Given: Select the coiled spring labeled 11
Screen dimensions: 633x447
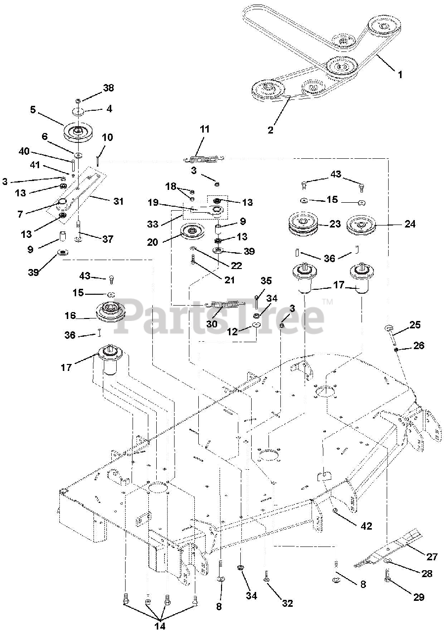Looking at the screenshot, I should point(204,159).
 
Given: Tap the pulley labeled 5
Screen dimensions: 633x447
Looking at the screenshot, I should point(79,131).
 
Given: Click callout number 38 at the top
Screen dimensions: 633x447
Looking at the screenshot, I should point(108,88).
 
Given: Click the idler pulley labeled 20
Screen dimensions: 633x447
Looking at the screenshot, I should point(194,231).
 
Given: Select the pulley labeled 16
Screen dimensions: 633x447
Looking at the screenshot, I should point(112,311).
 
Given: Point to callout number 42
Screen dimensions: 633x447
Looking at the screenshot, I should point(366,526).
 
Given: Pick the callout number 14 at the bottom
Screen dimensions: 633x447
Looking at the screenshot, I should point(159,626).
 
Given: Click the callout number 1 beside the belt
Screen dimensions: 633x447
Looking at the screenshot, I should point(400,75).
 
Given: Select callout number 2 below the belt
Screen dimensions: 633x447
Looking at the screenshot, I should point(270,130).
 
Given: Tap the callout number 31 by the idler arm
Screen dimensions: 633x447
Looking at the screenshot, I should point(118,201).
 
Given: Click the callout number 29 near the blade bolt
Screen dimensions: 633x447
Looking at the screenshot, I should point(418,597).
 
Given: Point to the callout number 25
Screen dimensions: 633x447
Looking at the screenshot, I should point(414,325).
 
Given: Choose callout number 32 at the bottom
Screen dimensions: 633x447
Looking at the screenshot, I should point(287,603).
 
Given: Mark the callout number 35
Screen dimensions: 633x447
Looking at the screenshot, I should point(266,281).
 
